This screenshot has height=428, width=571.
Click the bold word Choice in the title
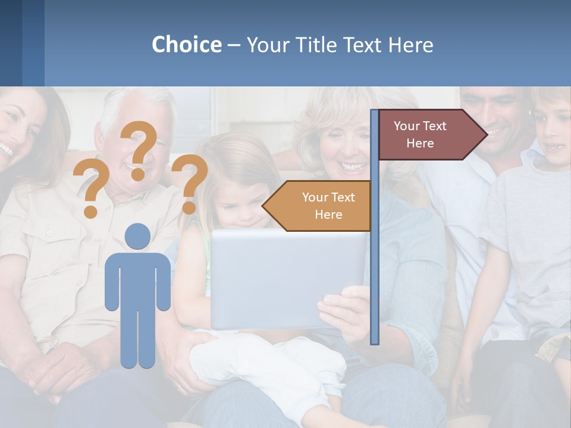(x=186, y=45)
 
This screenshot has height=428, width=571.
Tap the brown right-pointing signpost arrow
(x=428, y=134)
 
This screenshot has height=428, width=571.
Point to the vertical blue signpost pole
(x=374, y=267)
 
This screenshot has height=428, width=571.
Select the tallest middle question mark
(x=139, y=149)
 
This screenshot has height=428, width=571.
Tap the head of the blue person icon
(x=138, y=236)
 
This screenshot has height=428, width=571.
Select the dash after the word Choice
(x=233, y=45)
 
